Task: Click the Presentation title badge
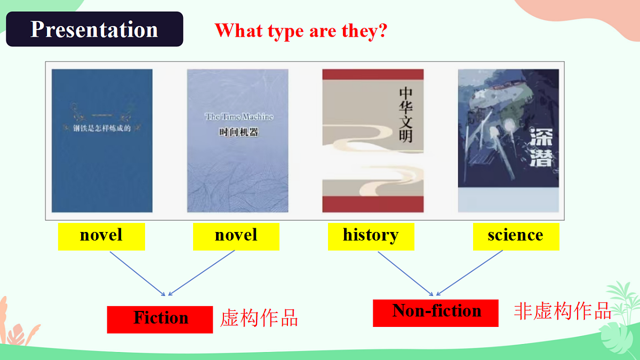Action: [x=94, y=29]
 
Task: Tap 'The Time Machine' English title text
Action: [x=239, y=116]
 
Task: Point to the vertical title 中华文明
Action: [x=405, y=114]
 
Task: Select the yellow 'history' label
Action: [x=371, y=236]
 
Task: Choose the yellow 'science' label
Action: [x=516, y=236]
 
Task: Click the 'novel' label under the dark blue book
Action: [x=101, y=236]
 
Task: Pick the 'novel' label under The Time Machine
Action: [x=236, y=236]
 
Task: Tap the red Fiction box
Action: [x=160, y=319]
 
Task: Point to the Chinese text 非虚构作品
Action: [x=562, y=311]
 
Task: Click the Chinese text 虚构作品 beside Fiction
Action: [x=259, y=318]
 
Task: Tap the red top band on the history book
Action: [x=373, y=75]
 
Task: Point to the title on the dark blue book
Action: [x=102, y=128]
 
